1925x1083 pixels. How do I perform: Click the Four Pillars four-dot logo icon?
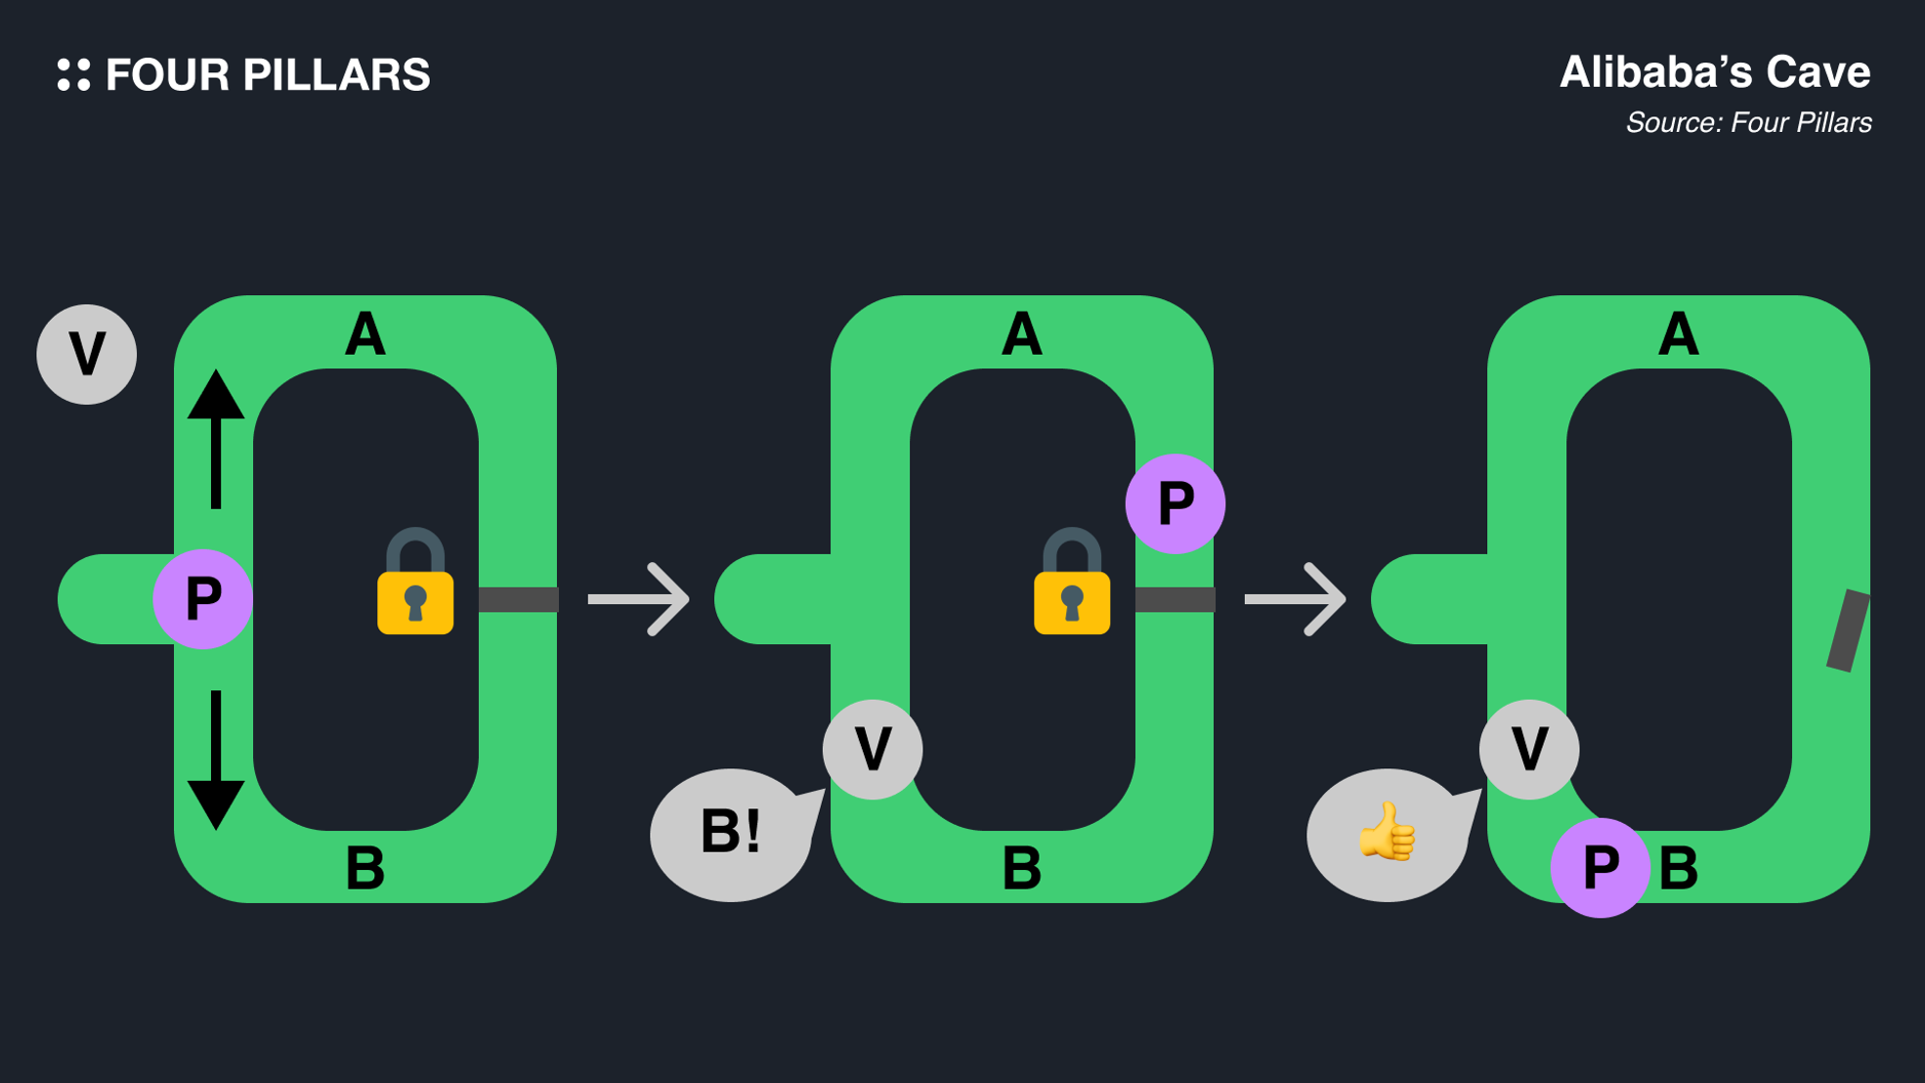point(73,75)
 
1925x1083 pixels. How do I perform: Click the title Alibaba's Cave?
point(1714,72)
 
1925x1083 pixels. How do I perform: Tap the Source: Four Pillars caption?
point(1748,123)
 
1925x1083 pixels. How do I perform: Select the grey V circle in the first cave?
point(87,354)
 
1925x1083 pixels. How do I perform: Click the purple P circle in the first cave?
point(203,598)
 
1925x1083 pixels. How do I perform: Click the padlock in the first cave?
point(415,584)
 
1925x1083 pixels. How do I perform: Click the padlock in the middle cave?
point(1072,584)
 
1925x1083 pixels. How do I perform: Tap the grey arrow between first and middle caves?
point(639,599)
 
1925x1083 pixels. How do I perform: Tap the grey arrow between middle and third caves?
point(1296,599)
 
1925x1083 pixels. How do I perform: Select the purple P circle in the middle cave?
point(1176,503)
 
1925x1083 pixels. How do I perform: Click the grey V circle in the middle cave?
point(873,750)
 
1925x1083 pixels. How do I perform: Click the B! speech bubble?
point(731,834)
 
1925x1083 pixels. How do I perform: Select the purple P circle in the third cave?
point(1601,867)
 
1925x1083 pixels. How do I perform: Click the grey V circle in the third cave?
point(1529,750)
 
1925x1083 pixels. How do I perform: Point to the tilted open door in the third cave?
point(1848,630)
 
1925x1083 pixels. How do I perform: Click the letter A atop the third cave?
point(1679,334)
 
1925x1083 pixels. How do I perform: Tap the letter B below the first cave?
point(365,868)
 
